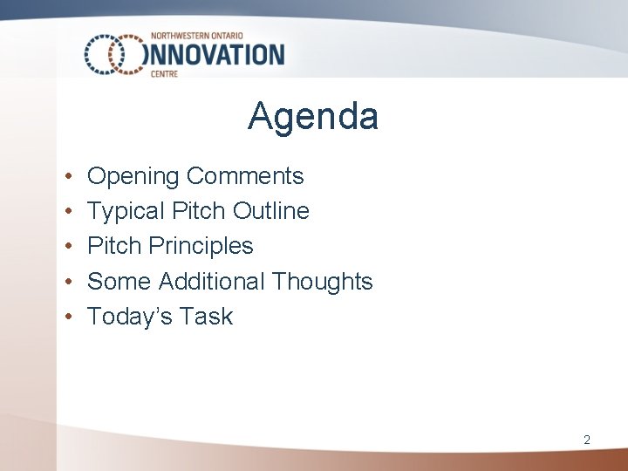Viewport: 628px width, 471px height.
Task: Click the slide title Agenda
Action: click(313, 116)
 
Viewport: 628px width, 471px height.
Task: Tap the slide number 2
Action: click(587, 440)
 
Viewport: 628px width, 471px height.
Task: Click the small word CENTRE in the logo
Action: click(164, 74)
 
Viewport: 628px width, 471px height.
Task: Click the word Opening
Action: click(134, 177)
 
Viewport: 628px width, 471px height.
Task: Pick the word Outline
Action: click(271, 211)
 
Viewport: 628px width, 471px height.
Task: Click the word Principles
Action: click(201, 247)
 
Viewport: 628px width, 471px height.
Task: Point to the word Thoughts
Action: click(322, 282)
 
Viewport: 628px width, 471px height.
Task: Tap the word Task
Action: click(208, 317)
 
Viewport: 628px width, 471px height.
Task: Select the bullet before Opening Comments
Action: click(68, 177)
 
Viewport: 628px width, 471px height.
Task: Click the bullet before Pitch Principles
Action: click(68, 247)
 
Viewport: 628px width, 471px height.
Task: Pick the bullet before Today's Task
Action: click(68, 317)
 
